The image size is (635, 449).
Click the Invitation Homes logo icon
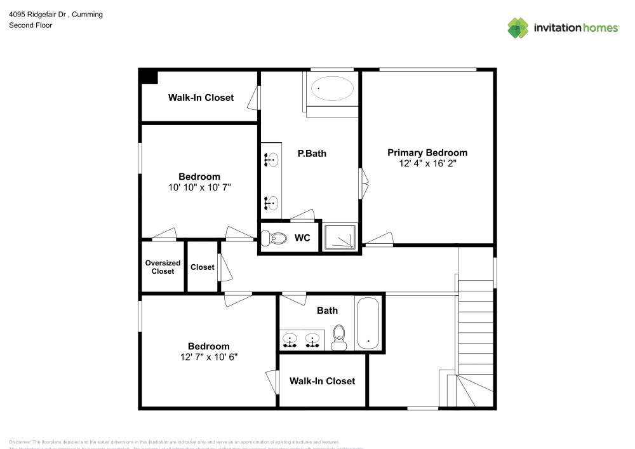(518, 27)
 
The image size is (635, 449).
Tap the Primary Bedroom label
(427, 152)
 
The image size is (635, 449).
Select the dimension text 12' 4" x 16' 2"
(427, 163)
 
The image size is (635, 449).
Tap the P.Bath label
(312, 153)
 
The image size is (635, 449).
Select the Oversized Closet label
(163, 267)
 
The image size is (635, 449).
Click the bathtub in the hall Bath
(368, 323)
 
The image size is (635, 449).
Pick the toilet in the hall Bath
(339, 336)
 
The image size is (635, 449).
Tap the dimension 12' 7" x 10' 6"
(208, 357)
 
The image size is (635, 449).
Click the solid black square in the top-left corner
(149, 76)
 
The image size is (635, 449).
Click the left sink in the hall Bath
(290, 340)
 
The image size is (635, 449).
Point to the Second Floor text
(30, 25)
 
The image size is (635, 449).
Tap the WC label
(302, 238)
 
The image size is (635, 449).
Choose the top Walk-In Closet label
(201, 98)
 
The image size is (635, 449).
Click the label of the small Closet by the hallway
(202, 267)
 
